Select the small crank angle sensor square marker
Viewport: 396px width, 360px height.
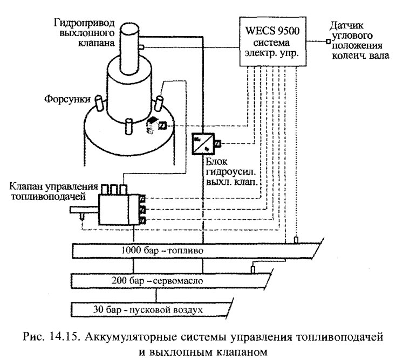326,41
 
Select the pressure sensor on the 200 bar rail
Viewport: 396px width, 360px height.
252,269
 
